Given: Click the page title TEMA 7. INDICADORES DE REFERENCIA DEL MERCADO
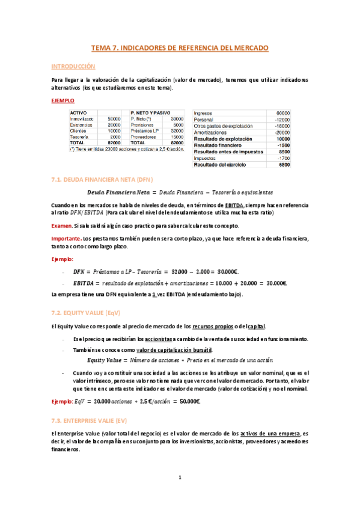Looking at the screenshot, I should [180, 47].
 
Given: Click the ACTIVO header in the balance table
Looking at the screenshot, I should [79, 112].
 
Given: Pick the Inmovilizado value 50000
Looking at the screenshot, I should [114, 119].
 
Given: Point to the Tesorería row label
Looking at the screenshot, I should [80, 137].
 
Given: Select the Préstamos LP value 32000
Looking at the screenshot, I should [177, 131].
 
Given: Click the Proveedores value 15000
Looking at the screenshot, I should [177, 137].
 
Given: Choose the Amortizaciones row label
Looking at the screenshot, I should [212, 132].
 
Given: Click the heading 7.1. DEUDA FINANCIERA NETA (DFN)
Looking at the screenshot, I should [103, 179].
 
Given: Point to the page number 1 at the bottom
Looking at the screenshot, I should [180, 478].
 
